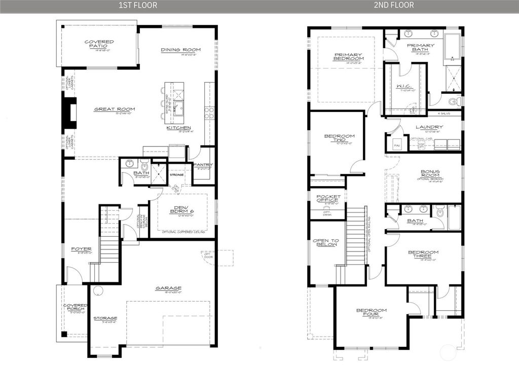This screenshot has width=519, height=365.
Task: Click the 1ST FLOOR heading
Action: point(138,6)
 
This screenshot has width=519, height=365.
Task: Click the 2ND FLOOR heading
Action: point(394,6)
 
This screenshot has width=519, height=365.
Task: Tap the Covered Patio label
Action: point(99,44)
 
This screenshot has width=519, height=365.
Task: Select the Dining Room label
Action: point(181,50)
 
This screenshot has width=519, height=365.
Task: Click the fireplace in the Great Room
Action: point(70,112)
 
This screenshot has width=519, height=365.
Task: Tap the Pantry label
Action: point(203,165)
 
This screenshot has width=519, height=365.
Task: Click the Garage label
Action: point(168,288)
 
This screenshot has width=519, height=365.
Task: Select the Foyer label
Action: point(81,249)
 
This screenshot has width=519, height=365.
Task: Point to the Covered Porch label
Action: point(75,308)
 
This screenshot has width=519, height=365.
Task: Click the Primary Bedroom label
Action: point(348,57)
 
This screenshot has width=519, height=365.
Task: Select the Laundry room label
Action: point(429,127)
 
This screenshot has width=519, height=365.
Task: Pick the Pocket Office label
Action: point(327,199)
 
